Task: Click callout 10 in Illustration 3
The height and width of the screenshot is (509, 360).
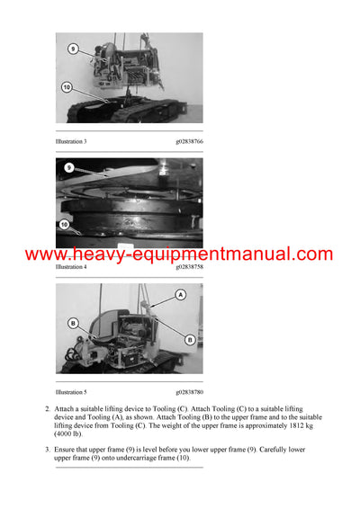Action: (x=67, y=87)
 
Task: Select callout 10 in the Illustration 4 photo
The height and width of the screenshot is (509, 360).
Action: (x=64, y=224)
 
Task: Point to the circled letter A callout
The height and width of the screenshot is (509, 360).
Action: (x=180, y=294)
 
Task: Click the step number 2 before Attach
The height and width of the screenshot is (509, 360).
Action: (x=47, y=410)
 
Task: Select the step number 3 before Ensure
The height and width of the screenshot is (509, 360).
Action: (x=47, y=448)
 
